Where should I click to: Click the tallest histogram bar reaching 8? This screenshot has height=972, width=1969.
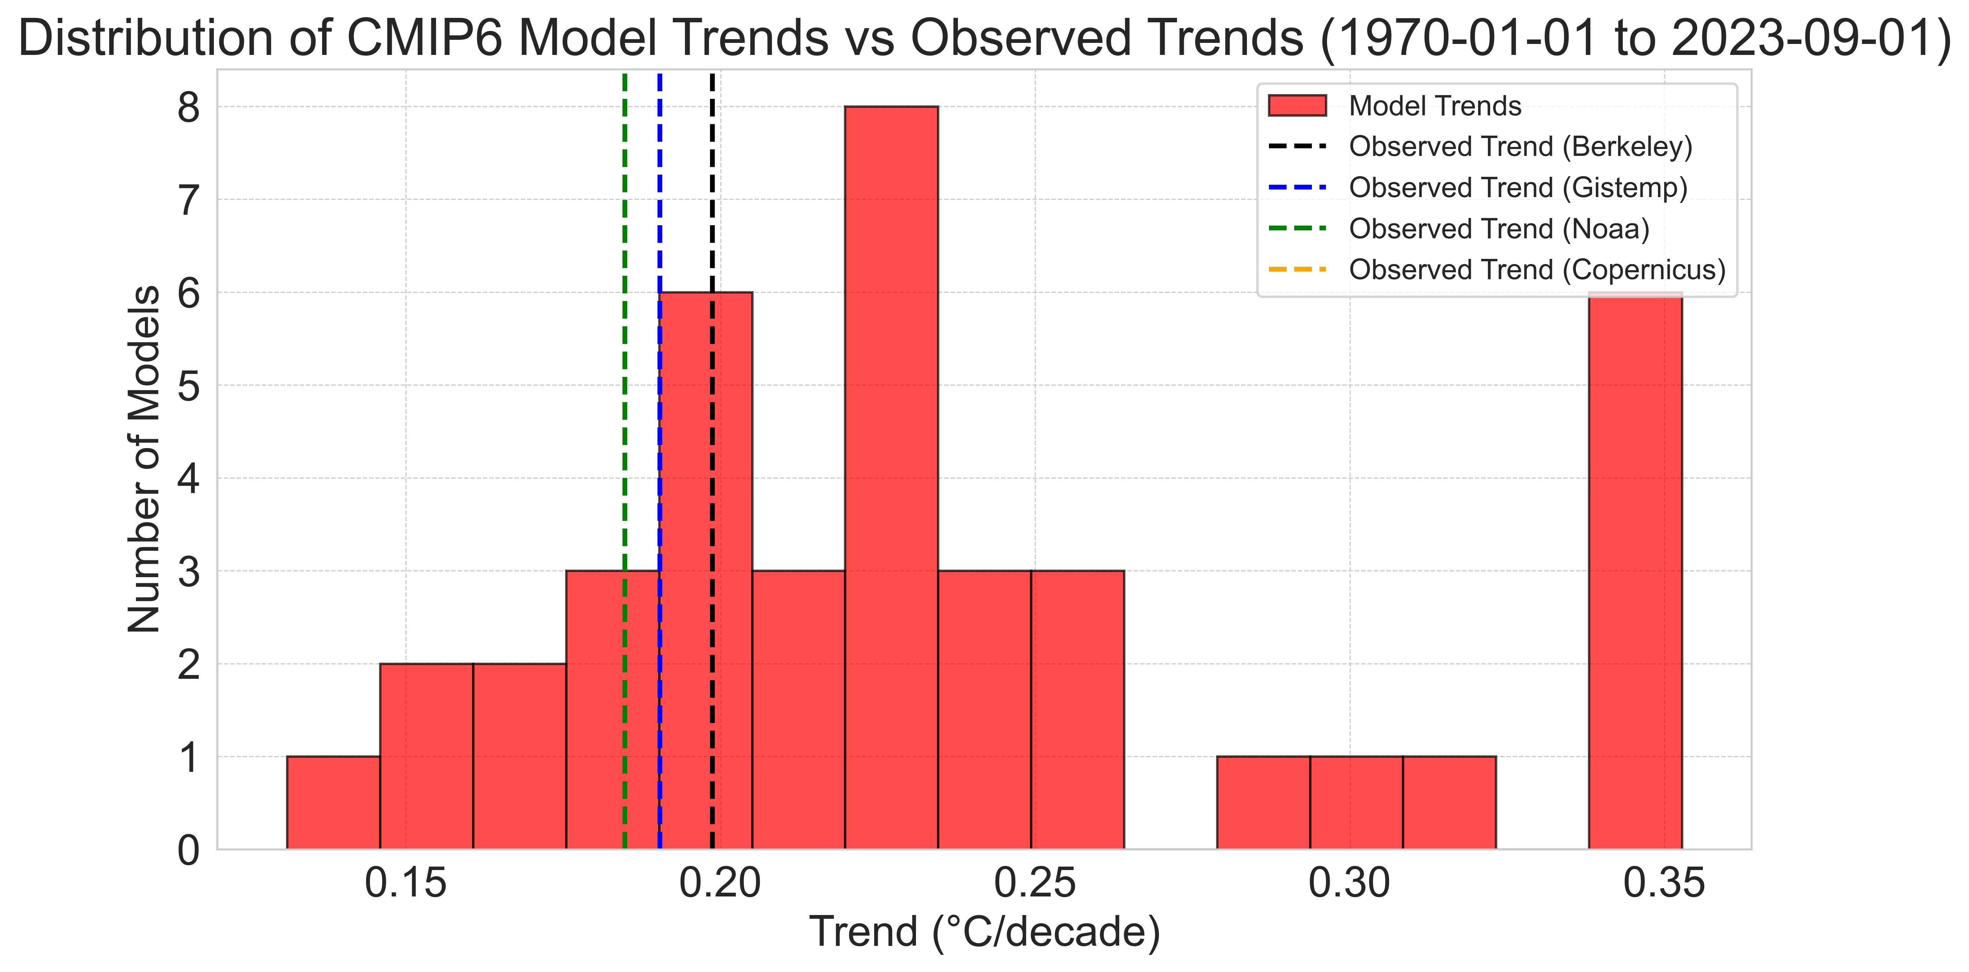tap(891, 474)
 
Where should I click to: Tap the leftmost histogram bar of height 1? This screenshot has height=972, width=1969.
tap(333, 802)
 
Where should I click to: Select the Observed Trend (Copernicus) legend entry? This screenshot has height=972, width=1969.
tap(1536, 270)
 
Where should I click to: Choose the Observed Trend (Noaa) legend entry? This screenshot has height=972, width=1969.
tap(1498, 228)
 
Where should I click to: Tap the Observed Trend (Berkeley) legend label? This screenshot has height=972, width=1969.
tap(1520, 147)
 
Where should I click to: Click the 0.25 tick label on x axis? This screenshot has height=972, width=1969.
tap(1035, 884)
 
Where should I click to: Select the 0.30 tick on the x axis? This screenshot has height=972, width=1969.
tap(1350, 884)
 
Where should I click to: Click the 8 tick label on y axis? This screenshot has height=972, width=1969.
tap(188, 108)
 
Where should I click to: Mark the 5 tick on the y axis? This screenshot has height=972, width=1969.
tap(188, 386)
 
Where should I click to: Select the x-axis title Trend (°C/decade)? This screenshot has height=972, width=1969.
tap(985, 932)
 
